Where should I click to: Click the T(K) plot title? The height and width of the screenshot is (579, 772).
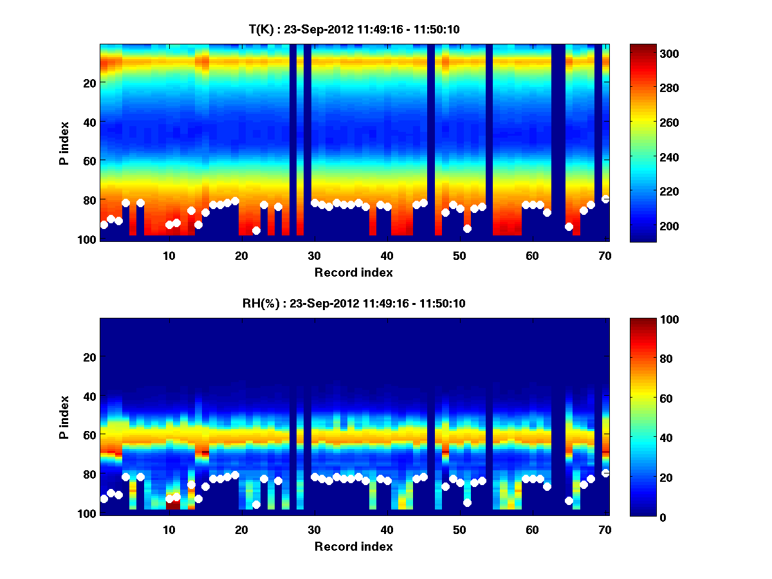[354, 29]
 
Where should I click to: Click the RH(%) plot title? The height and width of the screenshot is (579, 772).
[354, 304]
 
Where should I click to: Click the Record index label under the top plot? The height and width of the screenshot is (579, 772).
[354, 272]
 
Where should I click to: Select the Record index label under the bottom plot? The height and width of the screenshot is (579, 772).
[354, 546]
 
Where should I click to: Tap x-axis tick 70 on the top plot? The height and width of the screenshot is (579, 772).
[605, 255]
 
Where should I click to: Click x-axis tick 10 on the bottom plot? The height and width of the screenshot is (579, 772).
[169, 529]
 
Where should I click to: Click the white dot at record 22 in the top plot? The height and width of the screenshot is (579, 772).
[256, 230]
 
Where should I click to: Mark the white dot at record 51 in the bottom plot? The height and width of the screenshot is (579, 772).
[467, 502]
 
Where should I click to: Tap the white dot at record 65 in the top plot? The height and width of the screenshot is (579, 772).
[569, 226]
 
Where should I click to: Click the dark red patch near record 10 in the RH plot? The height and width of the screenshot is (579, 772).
[172, 505]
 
